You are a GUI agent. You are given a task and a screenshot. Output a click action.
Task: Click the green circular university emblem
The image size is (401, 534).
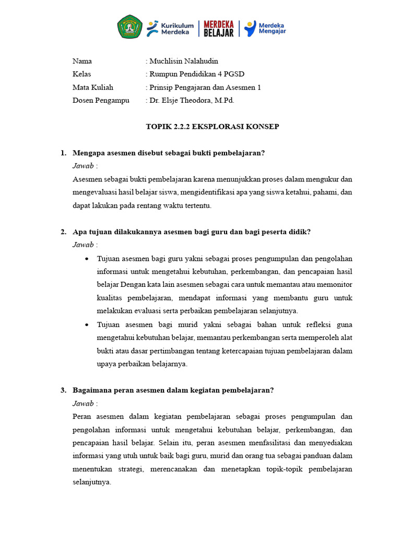129,27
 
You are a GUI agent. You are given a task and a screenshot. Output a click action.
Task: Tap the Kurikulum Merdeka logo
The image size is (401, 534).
170,28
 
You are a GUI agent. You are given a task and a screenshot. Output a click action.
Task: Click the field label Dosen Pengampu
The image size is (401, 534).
101,100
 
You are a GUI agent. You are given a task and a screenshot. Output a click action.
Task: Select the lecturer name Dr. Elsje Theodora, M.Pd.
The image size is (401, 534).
192,100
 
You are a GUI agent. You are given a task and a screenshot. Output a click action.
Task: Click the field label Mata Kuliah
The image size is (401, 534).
93,87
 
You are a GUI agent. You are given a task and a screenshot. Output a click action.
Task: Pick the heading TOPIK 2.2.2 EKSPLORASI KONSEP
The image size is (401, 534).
212,127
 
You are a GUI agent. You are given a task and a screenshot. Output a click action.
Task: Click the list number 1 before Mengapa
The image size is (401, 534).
63,153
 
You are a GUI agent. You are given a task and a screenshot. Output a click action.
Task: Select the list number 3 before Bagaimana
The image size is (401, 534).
63,390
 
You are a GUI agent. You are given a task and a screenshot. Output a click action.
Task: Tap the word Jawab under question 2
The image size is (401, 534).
84,245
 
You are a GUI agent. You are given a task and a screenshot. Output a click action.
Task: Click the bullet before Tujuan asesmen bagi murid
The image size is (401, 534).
86,324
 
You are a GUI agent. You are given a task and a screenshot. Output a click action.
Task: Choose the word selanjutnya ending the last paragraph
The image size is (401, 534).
91,482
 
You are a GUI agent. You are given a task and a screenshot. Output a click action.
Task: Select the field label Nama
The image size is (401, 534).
82,61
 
